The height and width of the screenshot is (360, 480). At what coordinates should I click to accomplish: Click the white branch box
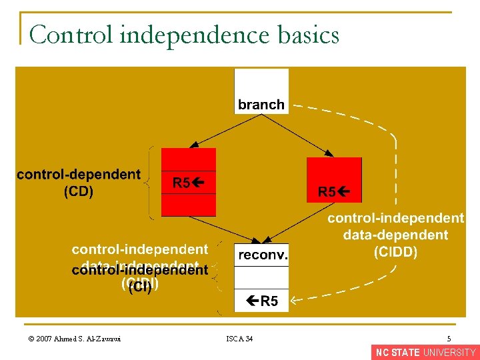261,91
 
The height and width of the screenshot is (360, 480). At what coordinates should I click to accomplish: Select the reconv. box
261,254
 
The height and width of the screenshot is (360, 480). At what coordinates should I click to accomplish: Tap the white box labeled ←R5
261,301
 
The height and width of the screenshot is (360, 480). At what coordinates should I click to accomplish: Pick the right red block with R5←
333,180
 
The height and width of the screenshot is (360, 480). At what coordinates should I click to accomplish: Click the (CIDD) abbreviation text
395,252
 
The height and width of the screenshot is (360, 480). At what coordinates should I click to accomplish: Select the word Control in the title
71,35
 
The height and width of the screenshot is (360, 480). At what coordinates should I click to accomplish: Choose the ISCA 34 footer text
239,339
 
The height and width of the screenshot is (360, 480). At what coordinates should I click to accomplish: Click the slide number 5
449,339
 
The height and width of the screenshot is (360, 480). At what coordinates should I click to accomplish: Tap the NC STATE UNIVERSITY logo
425,353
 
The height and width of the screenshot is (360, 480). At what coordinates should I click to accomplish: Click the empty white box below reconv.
261,277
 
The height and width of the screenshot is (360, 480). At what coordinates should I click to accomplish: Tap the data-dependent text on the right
395,235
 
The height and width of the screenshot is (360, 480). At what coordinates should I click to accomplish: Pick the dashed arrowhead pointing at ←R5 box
295,301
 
